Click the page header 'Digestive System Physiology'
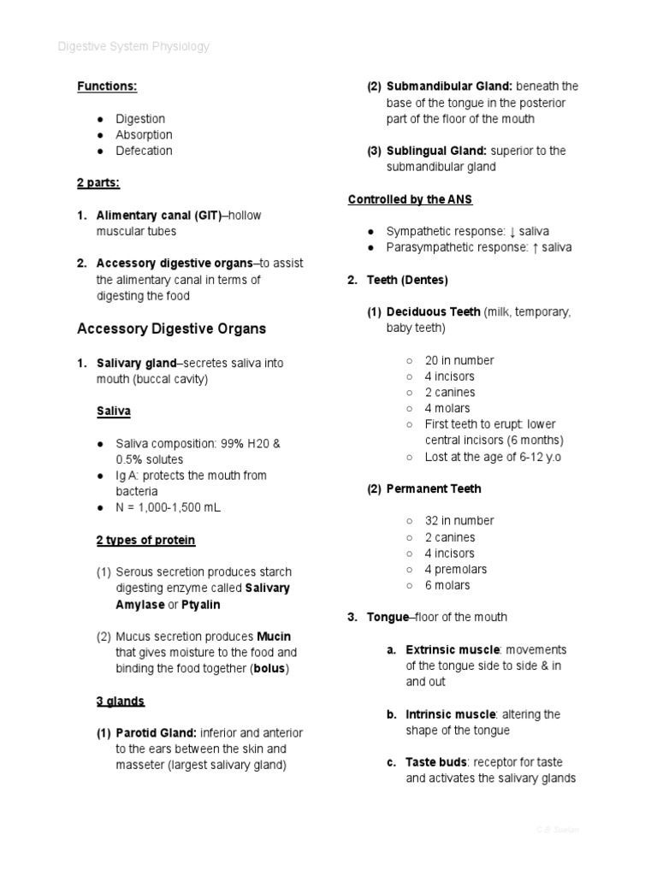pos(133,46)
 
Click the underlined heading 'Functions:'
pos(107,86)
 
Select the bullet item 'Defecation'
pos(144,151)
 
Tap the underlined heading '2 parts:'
pos(98,183)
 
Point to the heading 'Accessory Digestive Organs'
pos(171,328)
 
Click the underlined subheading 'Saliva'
pos(114,411)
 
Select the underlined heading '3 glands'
pos(121,701)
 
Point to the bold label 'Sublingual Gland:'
pos(437,151)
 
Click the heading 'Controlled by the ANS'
pos(410,199)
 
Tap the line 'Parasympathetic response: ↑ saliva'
pos(478,247)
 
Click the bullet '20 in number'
pos(459,360)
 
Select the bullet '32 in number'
pos(459,520)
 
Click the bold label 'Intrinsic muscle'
pos(450,714)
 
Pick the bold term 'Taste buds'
pos(435,762)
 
